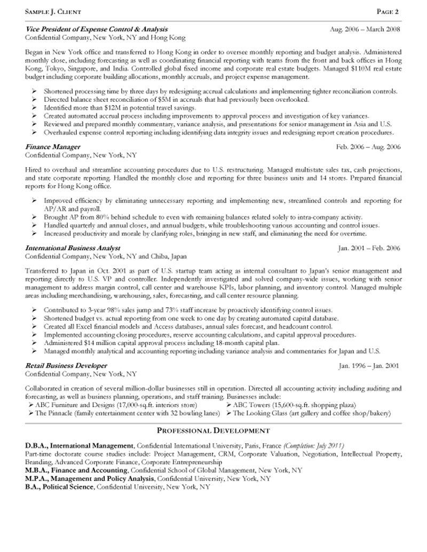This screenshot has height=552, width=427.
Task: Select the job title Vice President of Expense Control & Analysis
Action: pyautogui.click(x=97, y=29)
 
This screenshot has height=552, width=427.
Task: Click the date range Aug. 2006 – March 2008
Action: pyautogui.click(x=365, y=29)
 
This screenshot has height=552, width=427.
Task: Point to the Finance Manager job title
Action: pyautogui.click(x=53, y=147)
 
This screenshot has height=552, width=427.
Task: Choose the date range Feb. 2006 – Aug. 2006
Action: pyautogui.click(x=368, y=147)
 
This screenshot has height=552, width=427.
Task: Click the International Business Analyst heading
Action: pyautogui.click(x=73, y=248)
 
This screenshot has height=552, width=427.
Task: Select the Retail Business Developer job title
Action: pyautogui.click(x=66, y=365)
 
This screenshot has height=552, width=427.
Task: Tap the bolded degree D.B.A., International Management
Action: pyautogui.click(x=80, y=445)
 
